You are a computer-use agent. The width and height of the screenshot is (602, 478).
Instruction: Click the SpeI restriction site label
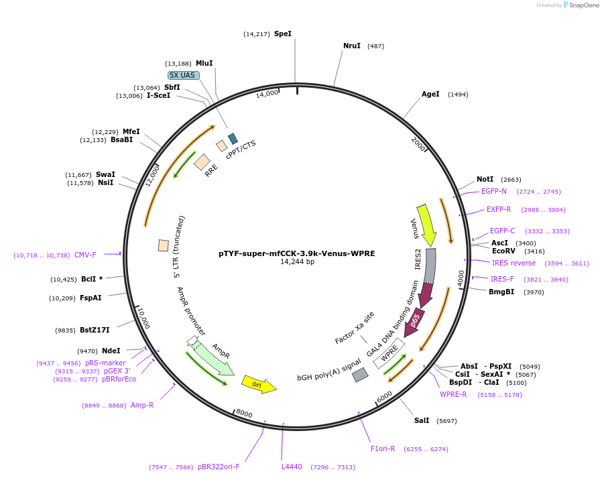[x=282, y=34]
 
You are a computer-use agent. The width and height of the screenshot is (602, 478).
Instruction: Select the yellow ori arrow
[x=259, y=383]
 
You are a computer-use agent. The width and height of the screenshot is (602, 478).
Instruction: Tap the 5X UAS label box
[x=183, y=75]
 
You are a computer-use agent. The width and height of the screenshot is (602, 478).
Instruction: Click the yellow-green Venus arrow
[x=426, y=225]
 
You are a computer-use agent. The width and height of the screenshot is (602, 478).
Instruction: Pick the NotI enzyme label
[x=485, y=179]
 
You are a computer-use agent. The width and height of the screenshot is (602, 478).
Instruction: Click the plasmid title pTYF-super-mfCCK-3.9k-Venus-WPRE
[x=296, y=253]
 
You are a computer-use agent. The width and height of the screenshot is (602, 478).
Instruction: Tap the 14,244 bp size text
[x=296, y=262]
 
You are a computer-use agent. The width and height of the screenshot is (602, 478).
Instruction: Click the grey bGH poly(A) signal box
[x=360, y=375]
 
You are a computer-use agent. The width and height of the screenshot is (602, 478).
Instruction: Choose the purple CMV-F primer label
[x=85, y=255]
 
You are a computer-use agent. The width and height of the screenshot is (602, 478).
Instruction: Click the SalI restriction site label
[x=422, y=420]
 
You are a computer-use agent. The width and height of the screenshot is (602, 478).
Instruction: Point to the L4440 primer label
[x=292, y=467]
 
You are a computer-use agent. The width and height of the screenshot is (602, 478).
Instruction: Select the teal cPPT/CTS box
[x=233, y=139]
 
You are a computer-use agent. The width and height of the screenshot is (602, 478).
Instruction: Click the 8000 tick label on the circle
[x=244, y=414]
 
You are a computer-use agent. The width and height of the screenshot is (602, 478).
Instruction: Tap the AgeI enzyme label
[x=430, y=94]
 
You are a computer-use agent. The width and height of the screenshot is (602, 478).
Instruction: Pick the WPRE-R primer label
[x=453, y=394]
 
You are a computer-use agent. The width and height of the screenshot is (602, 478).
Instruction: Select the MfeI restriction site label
[x=131, y=131]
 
